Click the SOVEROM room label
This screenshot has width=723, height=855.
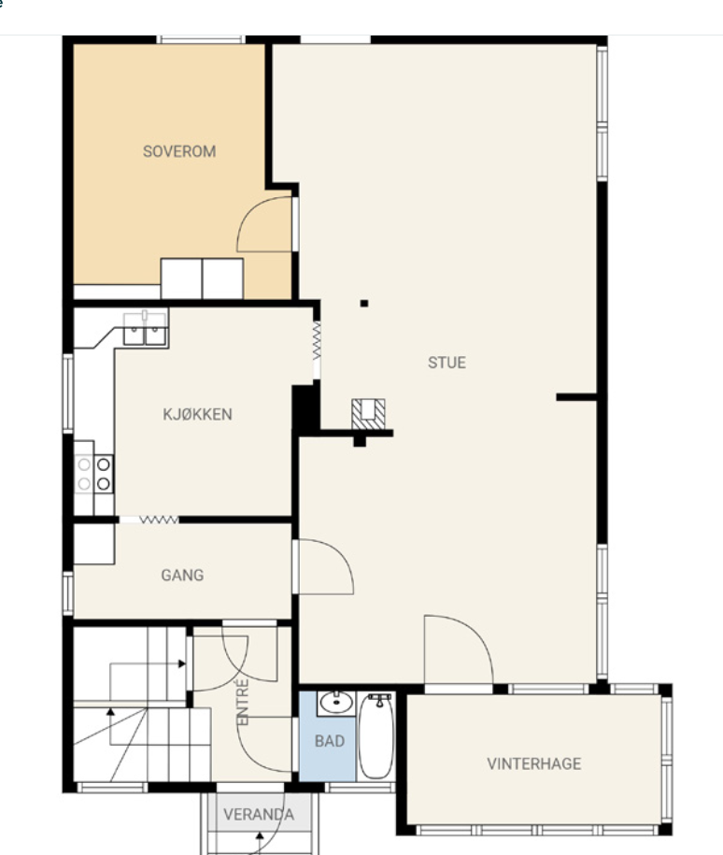coord(179,151)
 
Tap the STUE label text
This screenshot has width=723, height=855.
coord(447,363)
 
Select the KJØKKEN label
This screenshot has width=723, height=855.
coord(197,414)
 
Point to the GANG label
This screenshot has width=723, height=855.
coord(182,576)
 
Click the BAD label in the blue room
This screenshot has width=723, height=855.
coord(330,741)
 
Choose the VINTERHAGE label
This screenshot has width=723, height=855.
coord(533,763)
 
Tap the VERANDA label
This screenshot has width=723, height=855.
coord(259,814)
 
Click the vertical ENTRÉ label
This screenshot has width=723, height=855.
coord(243,702)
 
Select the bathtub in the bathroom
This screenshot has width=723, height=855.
coord(376,735)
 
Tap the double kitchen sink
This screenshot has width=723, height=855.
coord(145,329)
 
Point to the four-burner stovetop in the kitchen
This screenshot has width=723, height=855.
coord(93,475)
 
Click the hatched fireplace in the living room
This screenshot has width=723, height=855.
coord(368,414)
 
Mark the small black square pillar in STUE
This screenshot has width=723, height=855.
coord(363,303)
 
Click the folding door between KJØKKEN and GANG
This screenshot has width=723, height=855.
coord(158,520)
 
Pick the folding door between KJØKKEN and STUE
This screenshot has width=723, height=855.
coord(317,340)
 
